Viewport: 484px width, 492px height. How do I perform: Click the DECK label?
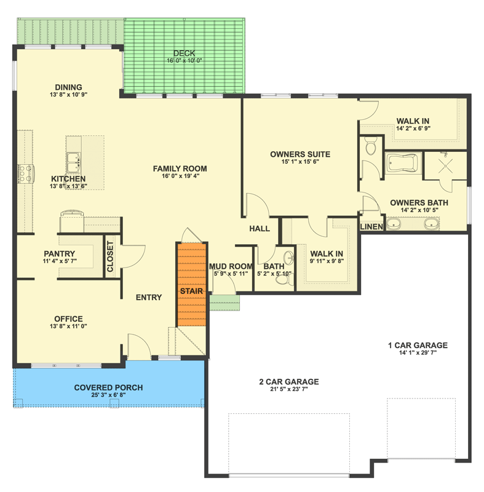tap(184, 53)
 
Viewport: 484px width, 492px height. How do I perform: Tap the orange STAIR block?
tap(192, 285)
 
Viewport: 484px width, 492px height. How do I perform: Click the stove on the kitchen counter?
tap(26, 173)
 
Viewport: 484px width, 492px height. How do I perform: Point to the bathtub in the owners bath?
tap(402, 164)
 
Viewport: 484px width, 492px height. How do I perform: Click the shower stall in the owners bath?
tap(445, 164)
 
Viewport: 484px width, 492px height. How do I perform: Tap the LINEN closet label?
tap(372, 227)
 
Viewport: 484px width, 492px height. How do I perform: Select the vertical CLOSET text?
tap(111, 256)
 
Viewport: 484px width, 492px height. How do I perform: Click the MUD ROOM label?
tap(231, 266)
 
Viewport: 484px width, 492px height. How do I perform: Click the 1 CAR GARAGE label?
tap(417, 345)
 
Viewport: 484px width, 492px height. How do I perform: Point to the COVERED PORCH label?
tap(108, 387)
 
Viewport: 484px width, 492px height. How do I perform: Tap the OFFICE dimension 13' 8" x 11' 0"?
tap(68, 327)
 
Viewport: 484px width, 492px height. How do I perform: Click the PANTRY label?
tap(60, 253)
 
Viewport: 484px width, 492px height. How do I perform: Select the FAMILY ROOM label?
tap(180, 169)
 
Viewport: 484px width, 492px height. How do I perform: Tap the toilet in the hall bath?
tap(284, 279)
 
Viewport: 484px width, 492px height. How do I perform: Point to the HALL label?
tap(260, 229)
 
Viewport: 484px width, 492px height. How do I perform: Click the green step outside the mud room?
tap(224, 303)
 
